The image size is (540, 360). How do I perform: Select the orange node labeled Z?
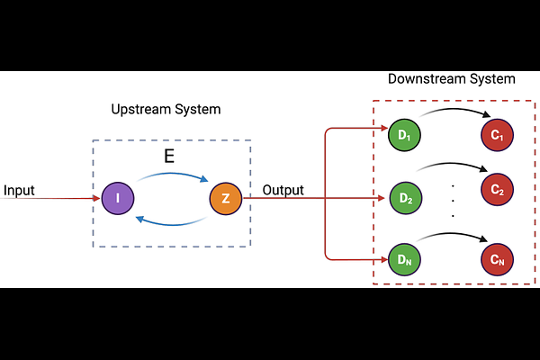coord(225,197)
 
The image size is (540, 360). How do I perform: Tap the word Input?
coord(19,191)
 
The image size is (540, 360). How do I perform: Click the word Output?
coord(283,191)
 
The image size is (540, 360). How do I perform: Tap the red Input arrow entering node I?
coord(54,197)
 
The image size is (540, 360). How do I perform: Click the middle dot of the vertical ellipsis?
coord(453,201)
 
